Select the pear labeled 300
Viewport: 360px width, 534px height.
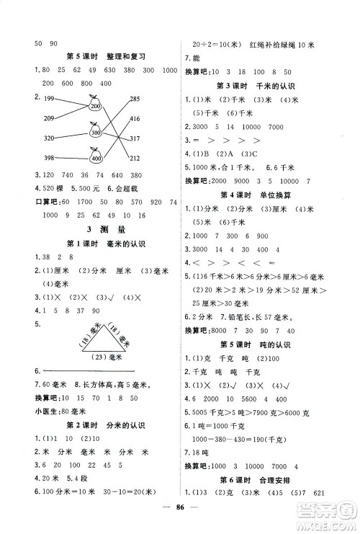click(94, 132)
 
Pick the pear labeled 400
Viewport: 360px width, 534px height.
click(94, 156)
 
